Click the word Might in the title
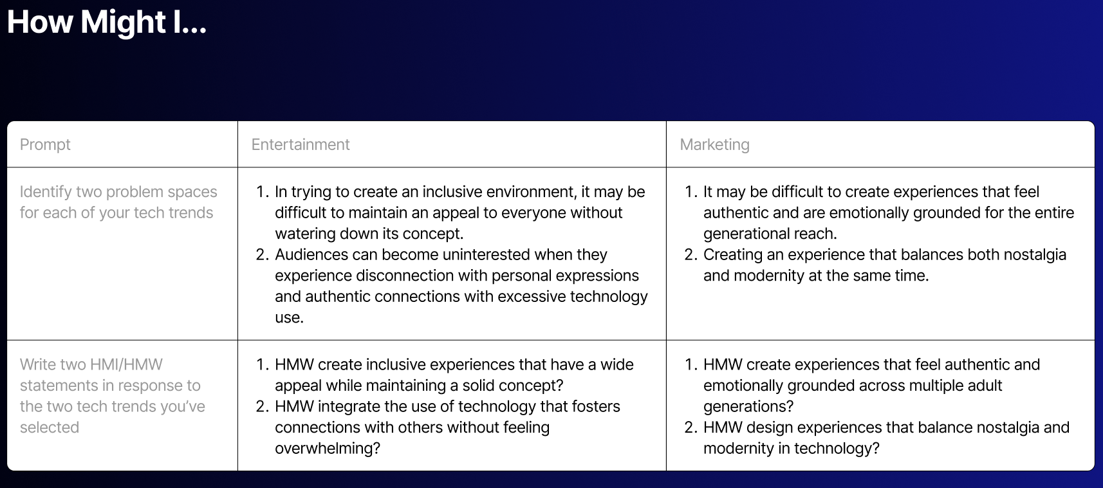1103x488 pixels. pyautogui.click(x=123, y=23)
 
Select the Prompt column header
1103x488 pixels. pyautogui.click(x=45, y=144)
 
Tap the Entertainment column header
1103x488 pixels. pyautogui.click(x=301, y=144)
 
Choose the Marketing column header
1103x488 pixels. pyautogui.click(x=714, y=145)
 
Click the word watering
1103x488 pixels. pyautogui.click(x=305, y=234)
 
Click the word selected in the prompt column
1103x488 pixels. pyautogui.click(x=50, y=427)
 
